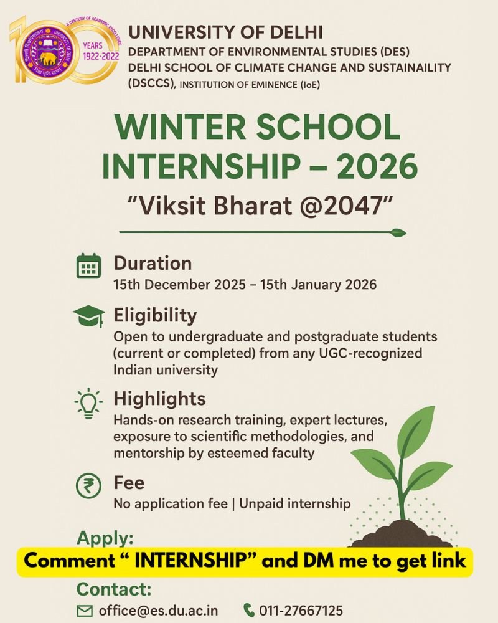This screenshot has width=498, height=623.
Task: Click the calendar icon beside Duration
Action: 88,266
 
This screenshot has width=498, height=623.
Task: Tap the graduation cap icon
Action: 89,316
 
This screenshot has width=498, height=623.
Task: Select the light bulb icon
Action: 88,403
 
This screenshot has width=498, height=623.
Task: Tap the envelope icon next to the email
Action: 85,611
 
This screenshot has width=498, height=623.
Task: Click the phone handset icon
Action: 248,610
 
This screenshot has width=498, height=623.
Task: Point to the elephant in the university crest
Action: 48,59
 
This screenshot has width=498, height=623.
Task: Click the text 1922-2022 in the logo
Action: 101,57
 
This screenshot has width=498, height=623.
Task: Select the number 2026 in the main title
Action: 377,166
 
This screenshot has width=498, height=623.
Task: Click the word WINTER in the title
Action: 181,127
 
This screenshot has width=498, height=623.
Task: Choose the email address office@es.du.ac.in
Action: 159,611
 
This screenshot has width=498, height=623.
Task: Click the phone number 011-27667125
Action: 301,611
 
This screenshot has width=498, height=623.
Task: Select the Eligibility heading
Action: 155,316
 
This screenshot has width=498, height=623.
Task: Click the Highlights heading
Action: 159,399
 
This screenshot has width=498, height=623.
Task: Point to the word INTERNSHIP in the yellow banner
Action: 191,561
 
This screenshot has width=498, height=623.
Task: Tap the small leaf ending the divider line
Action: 398,232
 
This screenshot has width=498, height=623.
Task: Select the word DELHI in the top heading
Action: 296,32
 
